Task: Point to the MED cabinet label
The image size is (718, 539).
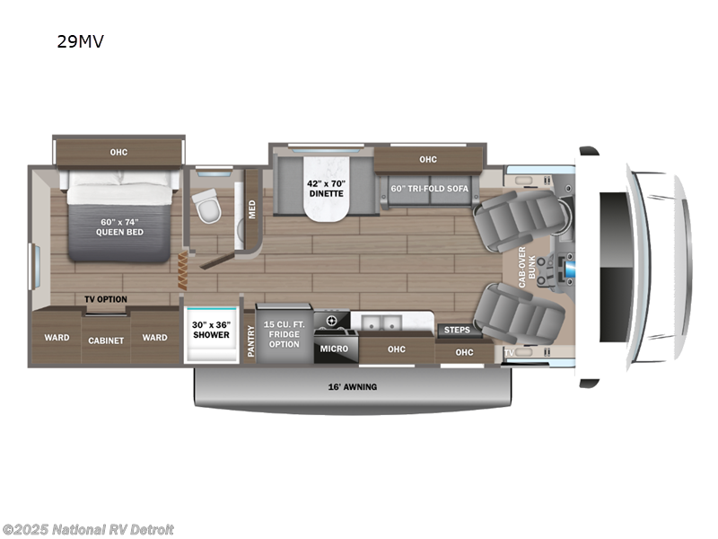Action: (x=253, y=208)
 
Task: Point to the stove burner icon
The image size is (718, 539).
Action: (x=331, y=321)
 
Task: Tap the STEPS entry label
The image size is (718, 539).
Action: (x=458, y=330)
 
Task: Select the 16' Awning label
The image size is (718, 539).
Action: (x=352, y=387)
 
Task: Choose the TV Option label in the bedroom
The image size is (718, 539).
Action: (x=106, y=299)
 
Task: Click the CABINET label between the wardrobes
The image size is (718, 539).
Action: (x=105, y=340)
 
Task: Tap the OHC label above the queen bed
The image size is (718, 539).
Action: (x=118, y=152)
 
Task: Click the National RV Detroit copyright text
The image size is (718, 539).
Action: (x=88, y=529)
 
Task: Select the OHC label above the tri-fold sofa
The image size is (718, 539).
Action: (x=427, y=160)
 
